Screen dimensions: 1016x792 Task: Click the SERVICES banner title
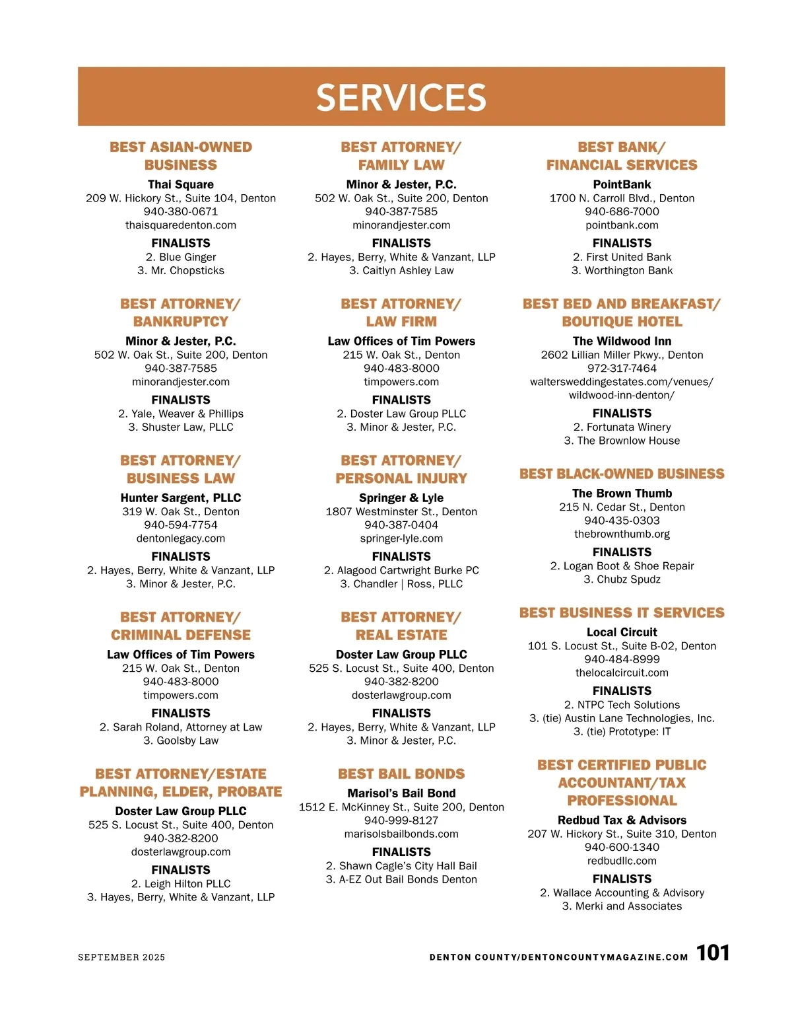[x=401, y=98]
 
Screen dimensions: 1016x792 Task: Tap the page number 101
[x=713, y=953]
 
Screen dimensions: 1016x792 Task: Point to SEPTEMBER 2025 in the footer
[x=121, y=957]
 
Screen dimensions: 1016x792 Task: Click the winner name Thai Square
[x=181, y=184]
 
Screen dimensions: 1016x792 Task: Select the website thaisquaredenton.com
[x=181, y=225]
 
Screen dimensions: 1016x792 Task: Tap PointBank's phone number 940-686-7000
[x=622, y=211]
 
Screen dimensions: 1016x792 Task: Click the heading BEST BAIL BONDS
[x=401, y=774]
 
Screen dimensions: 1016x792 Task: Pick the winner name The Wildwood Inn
[x=622, y=341]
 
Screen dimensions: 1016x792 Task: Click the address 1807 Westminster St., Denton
[x=401, y=511]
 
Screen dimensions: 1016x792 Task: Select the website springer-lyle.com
[x=401, y=538]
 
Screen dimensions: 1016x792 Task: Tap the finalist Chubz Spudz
[x=622, y=579]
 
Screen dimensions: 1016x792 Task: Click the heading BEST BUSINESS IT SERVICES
[x=622, y=612]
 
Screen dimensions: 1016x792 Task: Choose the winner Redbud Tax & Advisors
[x=622, y=820]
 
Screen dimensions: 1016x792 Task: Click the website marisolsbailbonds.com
[x=401, y=834]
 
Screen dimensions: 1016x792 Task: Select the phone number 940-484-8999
[x=622, y=659]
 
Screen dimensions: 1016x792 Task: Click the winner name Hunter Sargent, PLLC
[x=181, y=497]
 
